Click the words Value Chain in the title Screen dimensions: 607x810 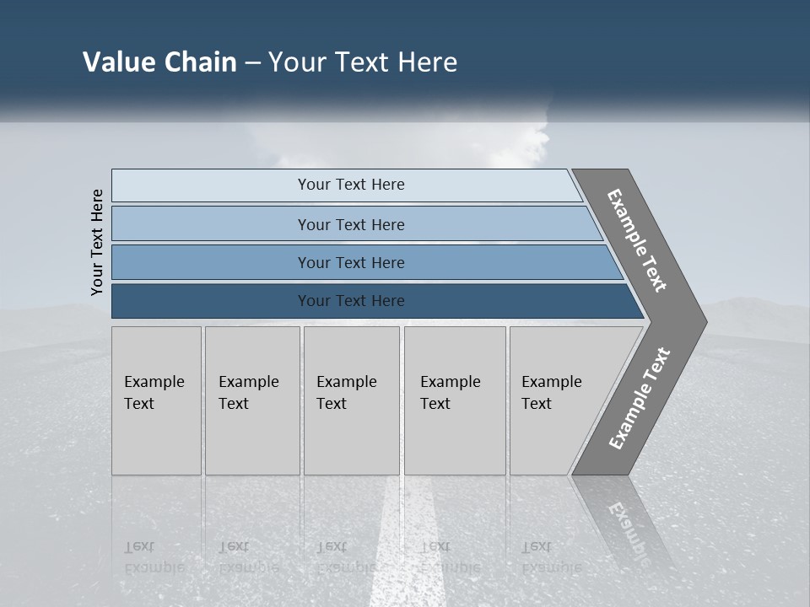tap(159, 62)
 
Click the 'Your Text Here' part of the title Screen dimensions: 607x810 tap(363, 62)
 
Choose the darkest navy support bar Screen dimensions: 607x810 tap(211, 301)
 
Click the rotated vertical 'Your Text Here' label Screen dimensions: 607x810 tap(97, 242)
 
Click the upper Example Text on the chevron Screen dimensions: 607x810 tap(637, 240)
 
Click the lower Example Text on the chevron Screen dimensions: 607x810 tap(640, 398)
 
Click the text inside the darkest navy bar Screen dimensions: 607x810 tap(351, 301)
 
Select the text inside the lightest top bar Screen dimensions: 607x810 tap(351, 185)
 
